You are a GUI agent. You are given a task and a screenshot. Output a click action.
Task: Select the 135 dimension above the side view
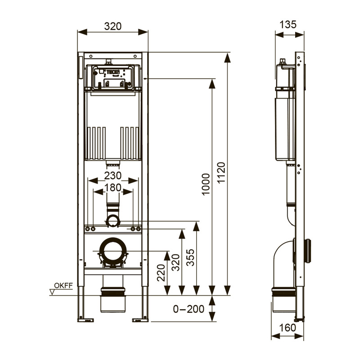(288, 24)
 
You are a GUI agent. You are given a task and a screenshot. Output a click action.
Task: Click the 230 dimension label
(112, 175)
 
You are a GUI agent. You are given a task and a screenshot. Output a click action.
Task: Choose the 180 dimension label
(112, 188)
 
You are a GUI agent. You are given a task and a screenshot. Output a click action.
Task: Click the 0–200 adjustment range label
(189, 309)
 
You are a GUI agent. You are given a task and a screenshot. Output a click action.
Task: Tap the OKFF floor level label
(63, 285)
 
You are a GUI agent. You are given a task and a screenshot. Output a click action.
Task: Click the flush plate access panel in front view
(113, 77)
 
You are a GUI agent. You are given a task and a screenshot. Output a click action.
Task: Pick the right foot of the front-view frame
(141, 319)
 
